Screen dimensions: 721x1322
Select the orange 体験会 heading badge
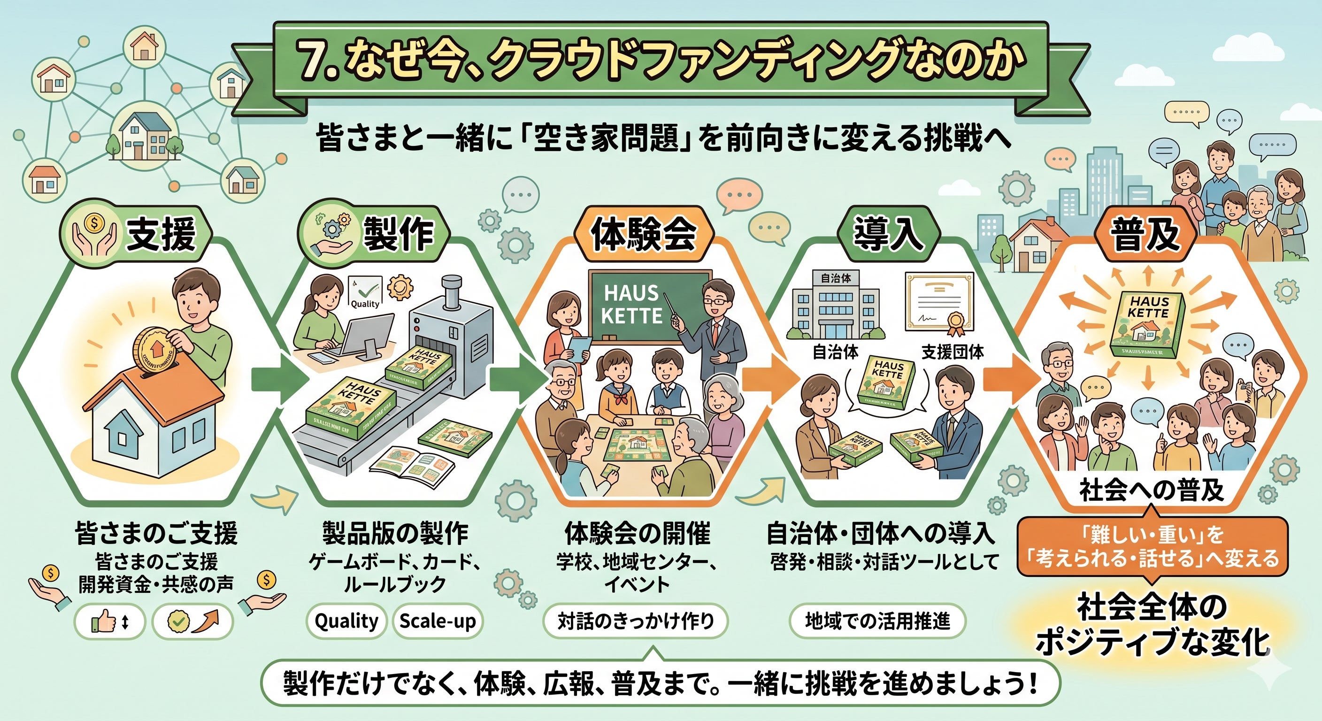pos(643,235)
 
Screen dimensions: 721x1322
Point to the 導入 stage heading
pos(887,235)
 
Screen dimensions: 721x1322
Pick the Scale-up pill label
pos(437,621)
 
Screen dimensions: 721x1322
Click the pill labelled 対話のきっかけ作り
pos(635,621)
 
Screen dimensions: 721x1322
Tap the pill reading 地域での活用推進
pos(877,621)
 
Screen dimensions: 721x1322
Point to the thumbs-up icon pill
pos(109,622)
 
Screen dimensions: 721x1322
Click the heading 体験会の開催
pos(638,534)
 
